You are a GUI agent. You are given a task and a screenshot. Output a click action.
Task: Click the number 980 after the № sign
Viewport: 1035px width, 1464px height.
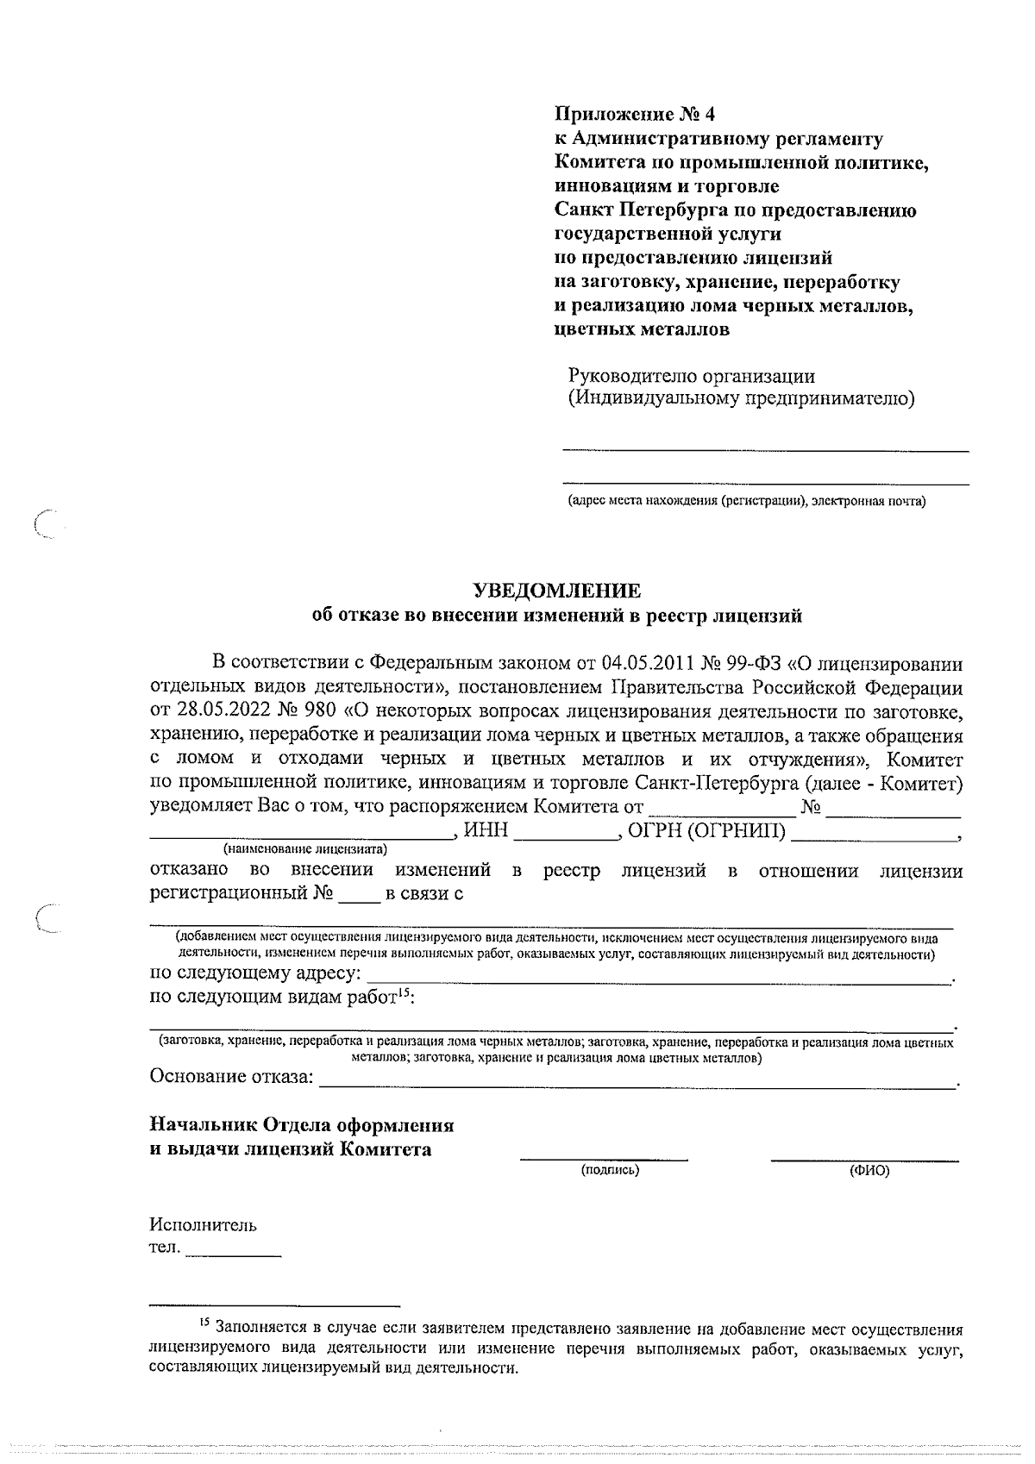317,712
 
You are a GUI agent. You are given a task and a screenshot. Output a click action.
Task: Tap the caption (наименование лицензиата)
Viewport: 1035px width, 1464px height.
305,848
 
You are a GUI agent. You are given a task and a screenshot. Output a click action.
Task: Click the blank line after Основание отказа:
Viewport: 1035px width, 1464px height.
638,1083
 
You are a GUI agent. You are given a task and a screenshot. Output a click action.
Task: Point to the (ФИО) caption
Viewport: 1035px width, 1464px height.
869,1170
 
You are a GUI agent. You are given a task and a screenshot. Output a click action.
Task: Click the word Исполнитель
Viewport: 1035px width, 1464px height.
203,1225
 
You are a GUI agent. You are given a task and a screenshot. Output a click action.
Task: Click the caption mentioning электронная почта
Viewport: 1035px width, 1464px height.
746,501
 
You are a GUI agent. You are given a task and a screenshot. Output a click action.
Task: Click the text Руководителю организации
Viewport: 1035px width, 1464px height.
691,376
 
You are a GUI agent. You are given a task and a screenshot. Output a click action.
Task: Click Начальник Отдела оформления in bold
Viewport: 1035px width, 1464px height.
302,1125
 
